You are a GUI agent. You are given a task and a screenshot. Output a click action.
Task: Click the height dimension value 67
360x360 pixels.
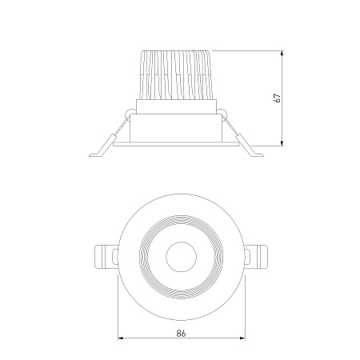278,98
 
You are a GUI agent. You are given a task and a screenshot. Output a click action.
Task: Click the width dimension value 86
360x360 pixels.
181,333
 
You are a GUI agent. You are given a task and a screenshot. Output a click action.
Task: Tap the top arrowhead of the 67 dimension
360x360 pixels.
282,53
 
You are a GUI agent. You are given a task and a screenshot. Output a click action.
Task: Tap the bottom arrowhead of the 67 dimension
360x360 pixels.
282,143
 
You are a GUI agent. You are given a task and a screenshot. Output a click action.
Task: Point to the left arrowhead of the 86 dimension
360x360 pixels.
121,338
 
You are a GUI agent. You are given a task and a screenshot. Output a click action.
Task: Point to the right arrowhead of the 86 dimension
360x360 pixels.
242,338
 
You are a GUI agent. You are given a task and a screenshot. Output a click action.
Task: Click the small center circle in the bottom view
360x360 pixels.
181,257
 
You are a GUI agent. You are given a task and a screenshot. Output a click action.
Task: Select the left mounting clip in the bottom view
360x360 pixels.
106,257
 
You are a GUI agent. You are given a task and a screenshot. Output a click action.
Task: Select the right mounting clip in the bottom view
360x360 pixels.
256,257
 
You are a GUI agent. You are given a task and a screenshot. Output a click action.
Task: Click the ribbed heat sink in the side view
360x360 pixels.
176,75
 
